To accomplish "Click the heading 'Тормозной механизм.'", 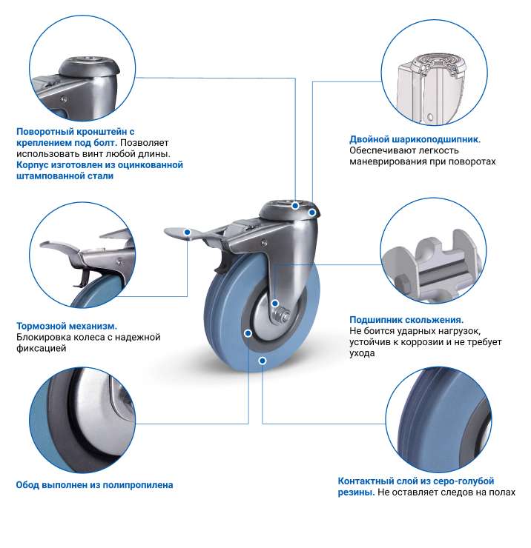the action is coord(67,326).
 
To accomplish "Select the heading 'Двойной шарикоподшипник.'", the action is coord(415,139).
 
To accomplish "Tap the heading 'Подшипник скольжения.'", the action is coord(406,320).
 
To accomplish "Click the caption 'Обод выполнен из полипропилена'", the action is coord(94,485).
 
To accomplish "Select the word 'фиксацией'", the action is coord(42,349).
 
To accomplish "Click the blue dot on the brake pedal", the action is coord(188,232).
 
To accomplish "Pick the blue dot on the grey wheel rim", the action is coord(248,333).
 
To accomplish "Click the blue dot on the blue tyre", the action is coord(263,361).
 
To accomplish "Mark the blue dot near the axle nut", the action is coord(275,304).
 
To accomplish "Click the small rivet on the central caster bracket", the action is coord(264,241).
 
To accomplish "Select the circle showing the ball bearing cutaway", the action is coord(434,73).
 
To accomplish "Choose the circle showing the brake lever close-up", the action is coord(82,255).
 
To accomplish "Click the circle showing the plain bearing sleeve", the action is coord(433,250).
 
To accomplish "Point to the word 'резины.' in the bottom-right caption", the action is coord(356,492).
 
